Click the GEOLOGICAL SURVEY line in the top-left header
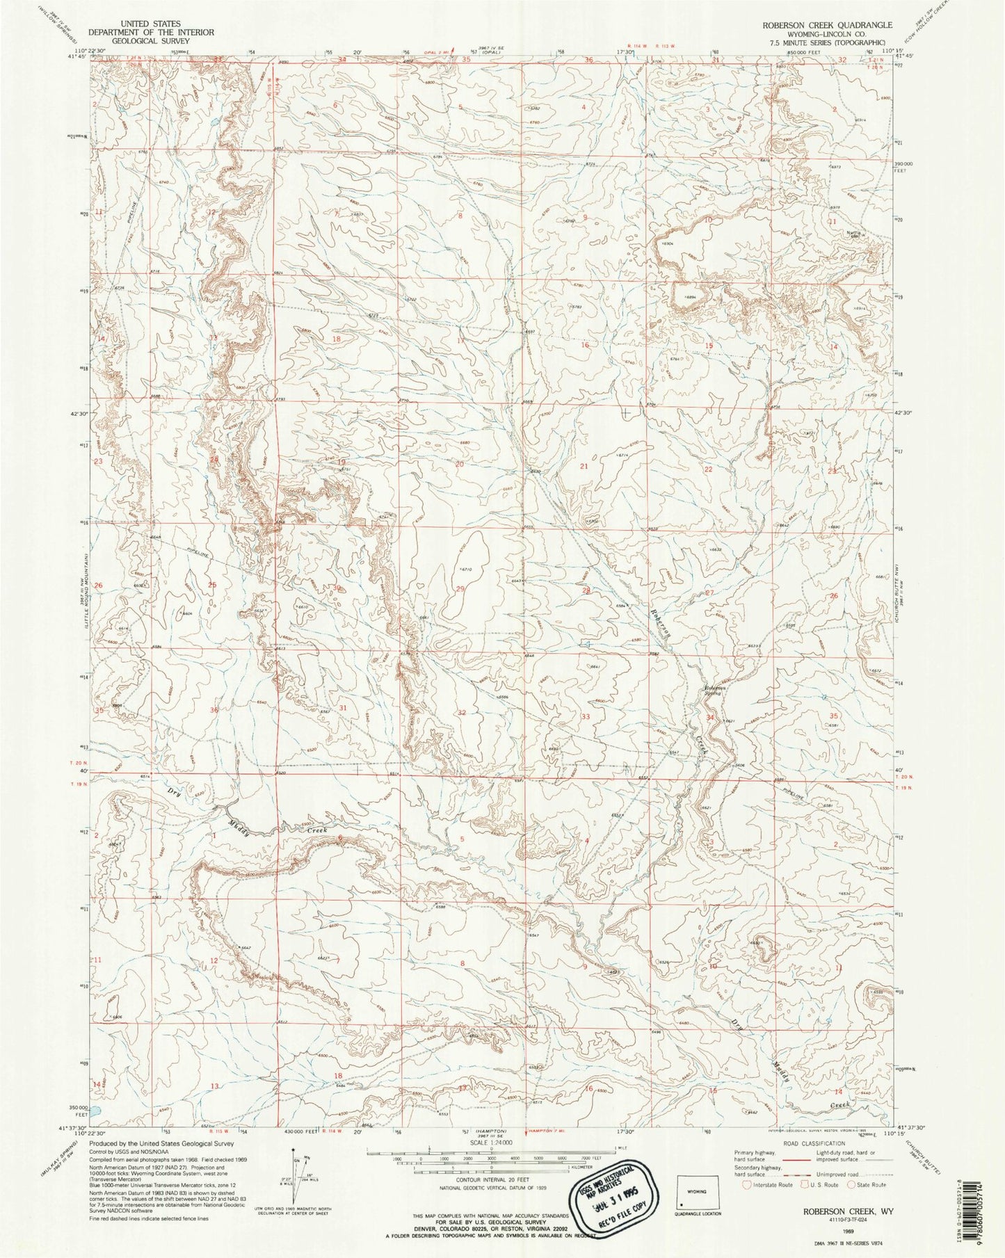click(x=149, y=41)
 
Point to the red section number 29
click(x=460, y=589)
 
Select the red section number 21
click(x=584, y=467)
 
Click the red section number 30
click(x=339, y=588)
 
